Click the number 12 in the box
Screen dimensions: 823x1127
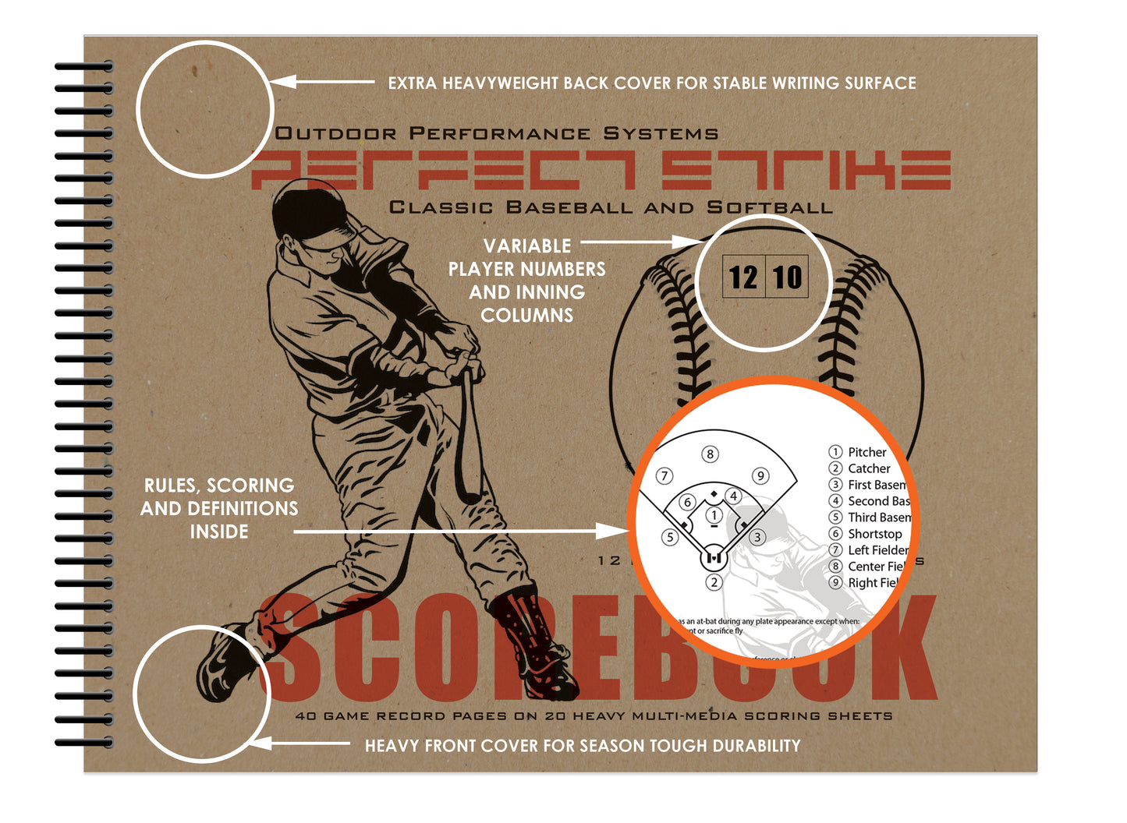coord(743,277)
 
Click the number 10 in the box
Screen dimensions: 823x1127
coord(787,277)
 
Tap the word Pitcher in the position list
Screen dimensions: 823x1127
coord(867,452)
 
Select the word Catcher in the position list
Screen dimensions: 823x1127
coord(869,468)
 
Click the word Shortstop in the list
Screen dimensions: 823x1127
coord(874,534)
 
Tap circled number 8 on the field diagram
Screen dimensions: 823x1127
coord(709,454)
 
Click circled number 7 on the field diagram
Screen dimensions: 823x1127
coord(665,475)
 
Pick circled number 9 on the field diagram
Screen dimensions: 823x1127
coord(760,475)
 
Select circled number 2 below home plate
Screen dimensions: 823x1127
coord(714,581)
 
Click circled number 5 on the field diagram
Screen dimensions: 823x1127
coord(669,537)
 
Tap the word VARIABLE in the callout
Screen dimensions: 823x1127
coord(527,246)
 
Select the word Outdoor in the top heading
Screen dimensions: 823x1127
coord(336,133)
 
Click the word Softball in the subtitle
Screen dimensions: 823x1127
coord(769,207)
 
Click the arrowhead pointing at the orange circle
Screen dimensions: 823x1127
coord(612,532)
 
